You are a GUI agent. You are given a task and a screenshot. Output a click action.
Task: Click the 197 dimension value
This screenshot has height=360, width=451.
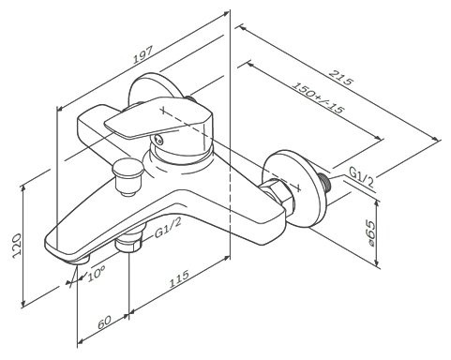(x=143, y=59)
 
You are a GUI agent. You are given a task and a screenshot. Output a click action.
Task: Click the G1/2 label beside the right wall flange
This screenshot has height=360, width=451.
(x=363, y=175)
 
